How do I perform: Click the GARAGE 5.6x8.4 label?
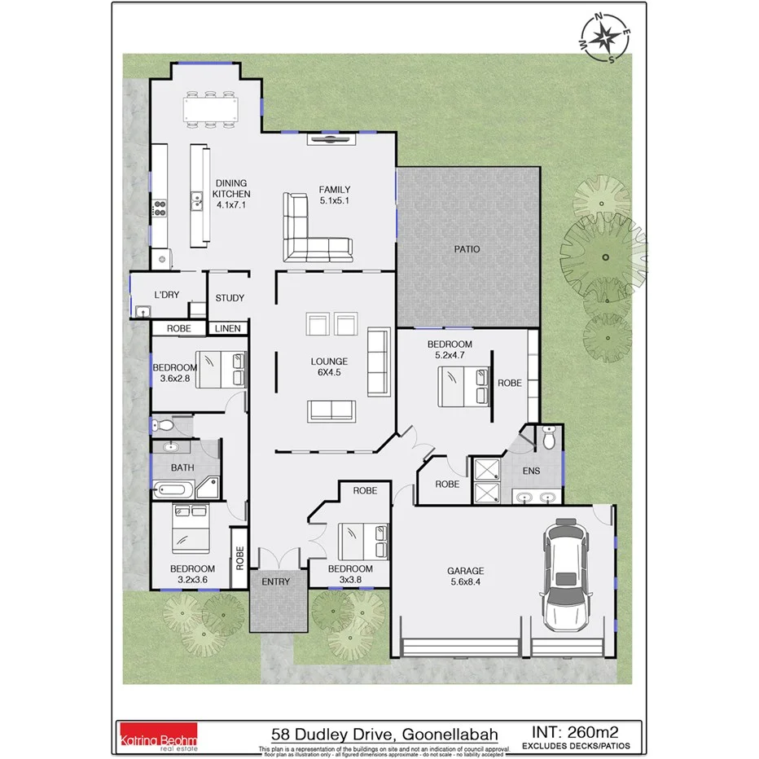(465, 577)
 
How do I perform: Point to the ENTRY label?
(275, 581)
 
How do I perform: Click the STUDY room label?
(230, 298)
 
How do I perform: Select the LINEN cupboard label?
(227, 329)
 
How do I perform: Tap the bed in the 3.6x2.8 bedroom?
(219, 369)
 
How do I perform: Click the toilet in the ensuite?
(549, 440)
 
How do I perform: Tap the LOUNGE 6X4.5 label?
(329, 366)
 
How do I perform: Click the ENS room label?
(532, 471)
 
